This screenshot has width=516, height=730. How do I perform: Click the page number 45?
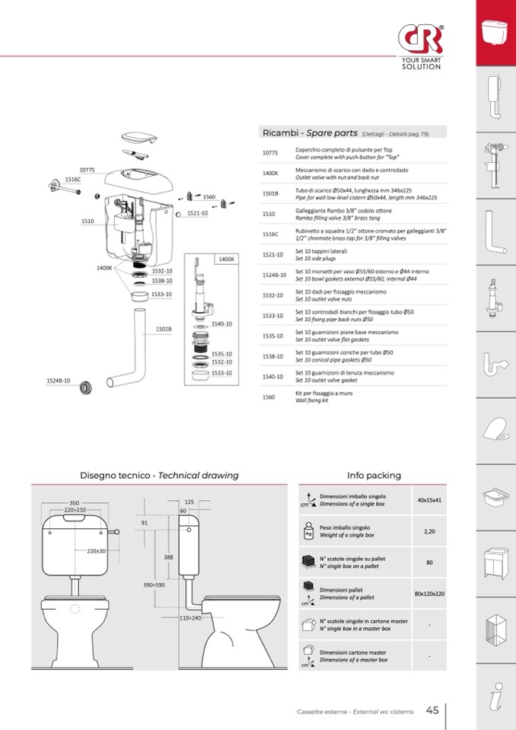[432, 710]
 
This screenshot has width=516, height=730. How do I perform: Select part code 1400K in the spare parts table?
[270, 173]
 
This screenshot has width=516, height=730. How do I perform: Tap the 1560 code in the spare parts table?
[268, 397]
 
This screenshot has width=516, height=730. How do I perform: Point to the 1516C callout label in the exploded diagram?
[73, 179]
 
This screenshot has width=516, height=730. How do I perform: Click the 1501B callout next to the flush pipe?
[164, 329]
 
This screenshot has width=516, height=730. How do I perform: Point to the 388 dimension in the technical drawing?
[168, 557]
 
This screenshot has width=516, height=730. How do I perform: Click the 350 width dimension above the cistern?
[75, 503]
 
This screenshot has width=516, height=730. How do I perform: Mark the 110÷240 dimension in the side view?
[190, 618]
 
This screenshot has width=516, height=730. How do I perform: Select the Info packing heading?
[374, 475]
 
